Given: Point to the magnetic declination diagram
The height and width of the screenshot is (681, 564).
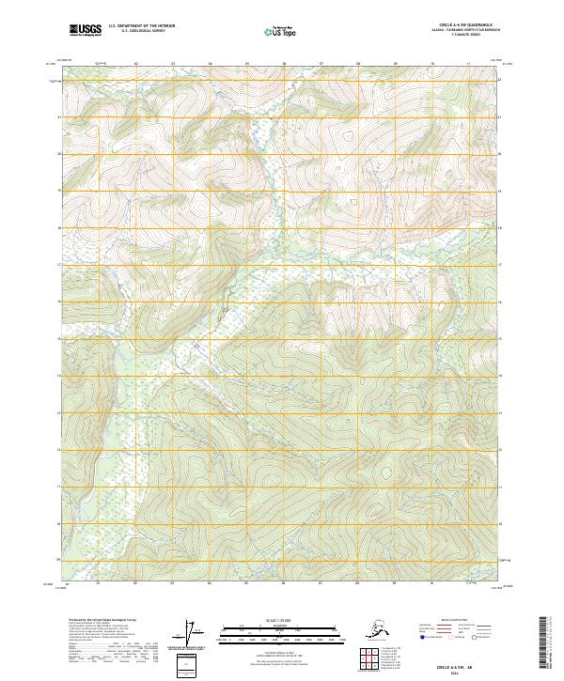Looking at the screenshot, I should [198, 633].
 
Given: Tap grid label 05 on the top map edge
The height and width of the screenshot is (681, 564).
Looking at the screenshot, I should [246, 64].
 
